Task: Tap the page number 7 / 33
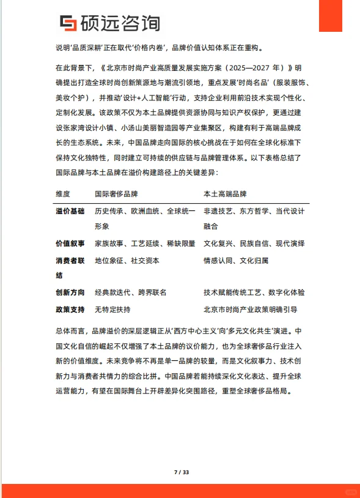(182, 472)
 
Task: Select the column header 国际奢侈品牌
(116, 194)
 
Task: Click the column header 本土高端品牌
(225, 194)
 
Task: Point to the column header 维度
(63, 194)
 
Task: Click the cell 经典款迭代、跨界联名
(130, 292)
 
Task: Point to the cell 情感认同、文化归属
(235, 260)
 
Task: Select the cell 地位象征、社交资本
(127, 260)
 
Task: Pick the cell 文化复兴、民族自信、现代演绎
(254, 243)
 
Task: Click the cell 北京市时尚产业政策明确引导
(250, 309)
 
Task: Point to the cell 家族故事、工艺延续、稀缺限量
(145, 243)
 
